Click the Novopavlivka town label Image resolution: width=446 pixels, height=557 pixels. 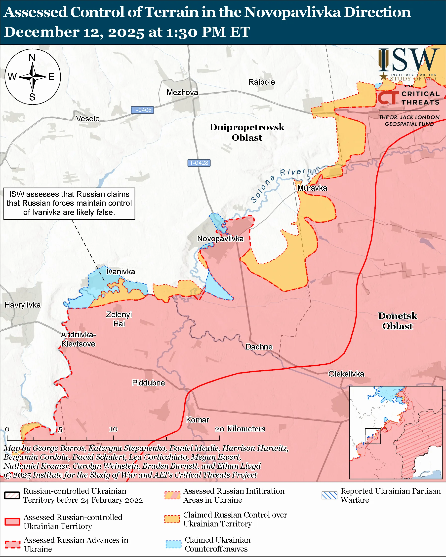coord(220,239)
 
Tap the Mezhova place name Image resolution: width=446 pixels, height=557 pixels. coord(182,92)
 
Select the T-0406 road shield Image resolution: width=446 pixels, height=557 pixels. coord(142,110)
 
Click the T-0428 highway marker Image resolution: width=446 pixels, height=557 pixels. coord(199,163)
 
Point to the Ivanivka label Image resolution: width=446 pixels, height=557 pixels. coord(121,272)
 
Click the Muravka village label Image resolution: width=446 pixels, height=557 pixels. coord(312,188)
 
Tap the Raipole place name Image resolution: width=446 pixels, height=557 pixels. coord(262,82)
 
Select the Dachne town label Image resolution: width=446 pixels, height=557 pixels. coord(259,347)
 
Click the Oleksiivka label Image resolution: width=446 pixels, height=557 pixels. coord(346,374)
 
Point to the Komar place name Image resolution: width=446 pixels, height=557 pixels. coord(198,419)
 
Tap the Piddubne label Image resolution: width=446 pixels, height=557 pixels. coord(148,383)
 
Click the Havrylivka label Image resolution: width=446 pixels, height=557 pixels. coord(23,305)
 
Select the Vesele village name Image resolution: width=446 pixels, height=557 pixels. coord(88,119)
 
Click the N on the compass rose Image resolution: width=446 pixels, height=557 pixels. coord(32,58)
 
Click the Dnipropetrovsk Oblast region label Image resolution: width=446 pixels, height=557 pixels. coord(247,132)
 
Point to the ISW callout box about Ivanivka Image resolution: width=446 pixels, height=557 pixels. coord(69,203)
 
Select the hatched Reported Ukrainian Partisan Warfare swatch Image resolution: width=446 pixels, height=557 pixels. coord(329,495)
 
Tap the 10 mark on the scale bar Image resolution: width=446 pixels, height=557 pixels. coord(113,429)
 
